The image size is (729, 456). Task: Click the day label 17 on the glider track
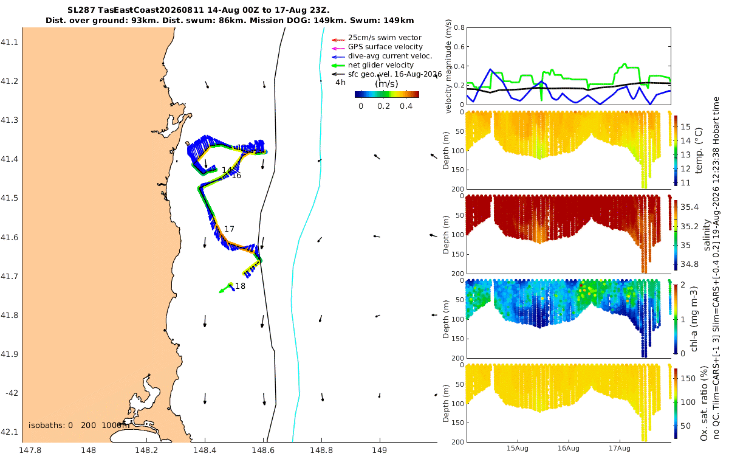pyautogui.click(x=229, y=229)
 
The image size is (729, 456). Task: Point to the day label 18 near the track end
pyautogui.click(x=240, y=286)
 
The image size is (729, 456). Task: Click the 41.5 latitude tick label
pyautogui.click(x=9, y=198)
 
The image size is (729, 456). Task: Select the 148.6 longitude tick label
pyautogui.click(x=263, y=450)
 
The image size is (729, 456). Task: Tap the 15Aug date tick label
pyautogui.click(x=517, y=448)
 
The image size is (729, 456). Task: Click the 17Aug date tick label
pyautogui.click(x=619, y=448)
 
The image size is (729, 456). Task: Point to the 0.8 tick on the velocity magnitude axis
pyautogui.click(x=459, y=27)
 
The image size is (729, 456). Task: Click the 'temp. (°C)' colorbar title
pyautogui.click(x=699, y=150)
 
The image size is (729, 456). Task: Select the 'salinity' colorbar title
pyautogui.click(x=707, y=235)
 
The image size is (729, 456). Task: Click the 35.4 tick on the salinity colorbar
pyautogui.click(x=690, y=207)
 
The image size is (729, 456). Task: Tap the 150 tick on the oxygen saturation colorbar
pyautogui.click(x=688, y=378)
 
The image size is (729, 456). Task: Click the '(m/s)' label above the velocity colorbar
pyautogui.click(x=386, y=84)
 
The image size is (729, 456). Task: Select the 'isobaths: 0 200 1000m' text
pyautogui.click(x=79, y=425)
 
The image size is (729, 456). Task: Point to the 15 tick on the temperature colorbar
pyautogui.click(x=685, y=126)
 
